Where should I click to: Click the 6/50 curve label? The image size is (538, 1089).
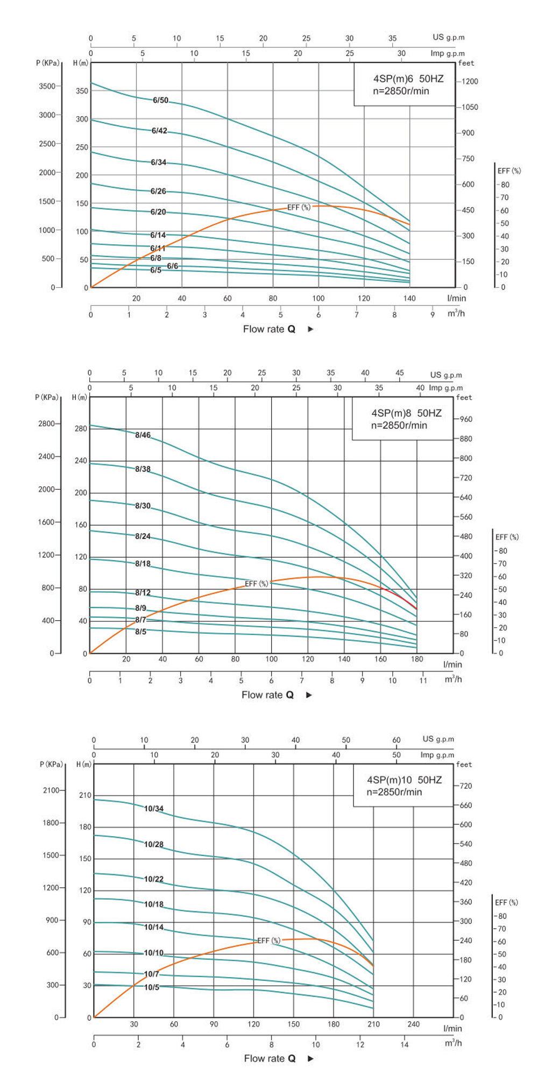tap(160, 100)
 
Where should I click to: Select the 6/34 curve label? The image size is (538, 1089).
tap(158, 162)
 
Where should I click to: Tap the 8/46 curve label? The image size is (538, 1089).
tap(143, 435)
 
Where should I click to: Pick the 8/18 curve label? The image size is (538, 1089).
tap(143, 563)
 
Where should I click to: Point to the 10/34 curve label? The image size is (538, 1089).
tap(153, 808)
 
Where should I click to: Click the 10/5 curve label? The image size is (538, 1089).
tap(152, 987)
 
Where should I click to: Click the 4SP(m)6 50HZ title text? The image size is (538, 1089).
tap(408, 79)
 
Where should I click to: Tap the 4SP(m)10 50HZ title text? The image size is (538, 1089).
tap(404, 780)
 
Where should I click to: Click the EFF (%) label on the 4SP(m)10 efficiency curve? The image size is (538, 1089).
tap(268, 940)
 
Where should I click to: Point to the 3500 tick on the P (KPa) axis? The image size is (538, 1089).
tap(47, 86)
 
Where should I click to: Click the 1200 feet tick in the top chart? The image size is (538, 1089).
tap(469, 81)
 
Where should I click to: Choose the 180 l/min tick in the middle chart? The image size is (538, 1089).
tap(416, 659)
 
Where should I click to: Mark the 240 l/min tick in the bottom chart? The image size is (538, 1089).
tap(413, 1024)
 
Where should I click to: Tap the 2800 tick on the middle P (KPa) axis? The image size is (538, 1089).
tap(46, 423)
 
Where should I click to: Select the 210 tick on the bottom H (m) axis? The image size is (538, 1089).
tap(85, 795)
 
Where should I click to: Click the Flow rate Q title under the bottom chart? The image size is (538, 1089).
tap(270, 1058)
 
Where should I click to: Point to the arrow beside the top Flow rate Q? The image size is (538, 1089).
tap(310, 329)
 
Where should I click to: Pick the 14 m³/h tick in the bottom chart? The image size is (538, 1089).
tap(404, 1044)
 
